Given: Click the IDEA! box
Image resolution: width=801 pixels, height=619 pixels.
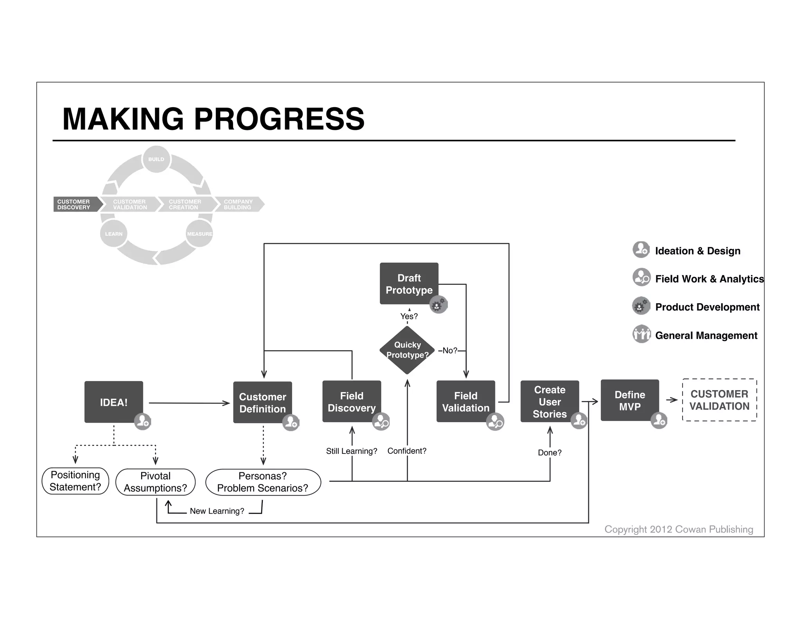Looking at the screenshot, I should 113,402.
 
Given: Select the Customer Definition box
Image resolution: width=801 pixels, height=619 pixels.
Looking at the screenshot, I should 262,402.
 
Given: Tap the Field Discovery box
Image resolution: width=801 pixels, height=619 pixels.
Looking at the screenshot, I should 352,401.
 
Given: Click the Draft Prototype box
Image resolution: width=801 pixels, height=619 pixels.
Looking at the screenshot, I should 409,283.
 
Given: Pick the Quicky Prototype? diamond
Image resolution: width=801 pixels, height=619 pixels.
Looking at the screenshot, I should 407,350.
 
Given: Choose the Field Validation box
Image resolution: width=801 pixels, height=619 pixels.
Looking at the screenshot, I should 465,401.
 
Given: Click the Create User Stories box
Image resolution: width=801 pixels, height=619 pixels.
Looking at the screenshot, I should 550,401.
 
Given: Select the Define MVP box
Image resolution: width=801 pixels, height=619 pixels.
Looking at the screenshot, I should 630,400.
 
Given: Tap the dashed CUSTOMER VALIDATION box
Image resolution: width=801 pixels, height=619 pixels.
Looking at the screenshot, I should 719,400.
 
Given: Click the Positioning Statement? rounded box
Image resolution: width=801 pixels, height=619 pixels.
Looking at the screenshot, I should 75,481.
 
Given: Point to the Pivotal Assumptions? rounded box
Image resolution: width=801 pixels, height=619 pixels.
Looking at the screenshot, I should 155,482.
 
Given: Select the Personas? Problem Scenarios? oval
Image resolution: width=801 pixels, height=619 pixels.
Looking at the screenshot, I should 263,482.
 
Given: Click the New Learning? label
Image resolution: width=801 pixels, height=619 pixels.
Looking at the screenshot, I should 217,511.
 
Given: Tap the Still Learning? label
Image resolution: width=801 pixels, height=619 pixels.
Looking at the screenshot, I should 352,451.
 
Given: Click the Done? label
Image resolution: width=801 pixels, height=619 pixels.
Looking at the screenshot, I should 550,453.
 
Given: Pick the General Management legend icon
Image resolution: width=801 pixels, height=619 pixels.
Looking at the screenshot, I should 641,334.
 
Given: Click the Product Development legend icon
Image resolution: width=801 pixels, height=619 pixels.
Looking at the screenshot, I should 641,306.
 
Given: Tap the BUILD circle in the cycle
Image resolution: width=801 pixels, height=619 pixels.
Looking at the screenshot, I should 156,159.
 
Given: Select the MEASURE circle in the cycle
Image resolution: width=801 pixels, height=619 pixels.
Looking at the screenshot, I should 199,234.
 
